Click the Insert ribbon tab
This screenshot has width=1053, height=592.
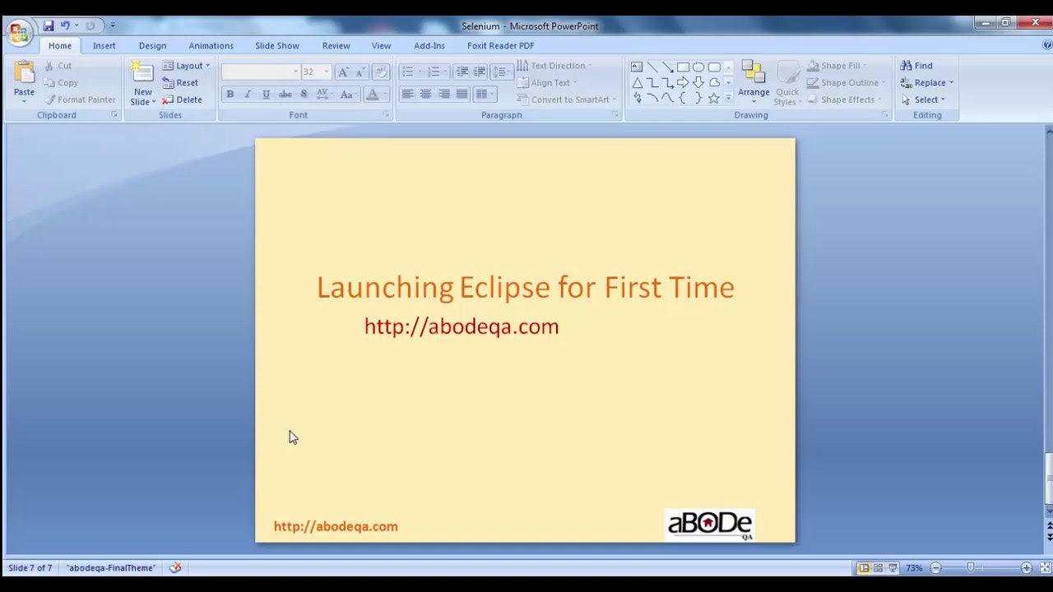[104, 46]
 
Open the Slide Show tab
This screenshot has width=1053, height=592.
[276, 46]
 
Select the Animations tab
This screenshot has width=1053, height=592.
[211, 46]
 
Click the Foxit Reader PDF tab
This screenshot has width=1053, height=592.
[500, 46]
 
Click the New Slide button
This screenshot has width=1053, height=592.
[142, 85]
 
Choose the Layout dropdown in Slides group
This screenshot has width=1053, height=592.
[188, 66]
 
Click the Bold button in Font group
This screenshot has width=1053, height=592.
[230, 95]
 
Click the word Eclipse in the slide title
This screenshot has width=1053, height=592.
[503, 287]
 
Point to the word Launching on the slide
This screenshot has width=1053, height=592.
[384, 287]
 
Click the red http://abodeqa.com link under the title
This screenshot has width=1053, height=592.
[461, 326]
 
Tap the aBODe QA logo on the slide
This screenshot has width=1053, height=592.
[710, 525]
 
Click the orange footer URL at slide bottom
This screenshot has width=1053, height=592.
[336, 526]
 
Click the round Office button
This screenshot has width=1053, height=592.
[18, 33]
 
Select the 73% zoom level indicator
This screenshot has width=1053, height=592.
[913, 568]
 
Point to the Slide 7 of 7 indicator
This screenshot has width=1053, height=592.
[30, 568]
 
